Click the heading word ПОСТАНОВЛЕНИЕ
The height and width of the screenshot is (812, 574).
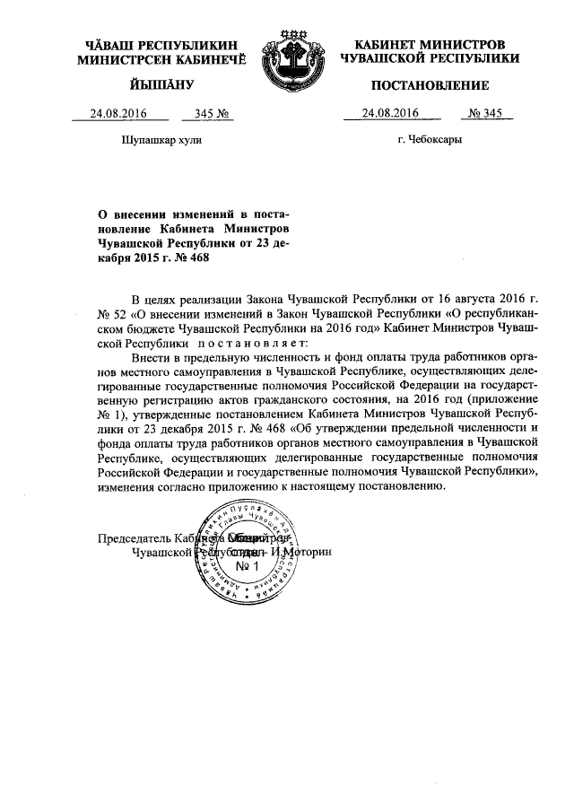click(430, 86)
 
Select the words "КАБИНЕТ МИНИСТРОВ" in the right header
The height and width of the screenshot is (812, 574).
click(430, 44)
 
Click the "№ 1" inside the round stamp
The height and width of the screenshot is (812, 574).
click(246, 567)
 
